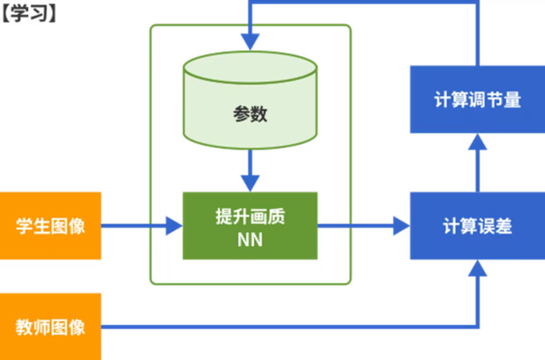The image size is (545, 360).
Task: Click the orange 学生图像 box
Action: click(x=51, y=226)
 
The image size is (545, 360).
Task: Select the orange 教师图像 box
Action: click(x=51, y=326)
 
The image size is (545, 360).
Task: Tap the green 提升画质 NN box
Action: click(x=250, y=226)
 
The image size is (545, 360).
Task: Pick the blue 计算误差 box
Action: click(x=476, y=226)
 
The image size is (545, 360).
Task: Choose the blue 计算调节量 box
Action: click(x=476, y=100)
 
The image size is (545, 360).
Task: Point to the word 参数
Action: click(x=250, y=114)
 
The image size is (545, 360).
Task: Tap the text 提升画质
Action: click(x=250, y=215)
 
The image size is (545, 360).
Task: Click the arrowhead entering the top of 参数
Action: click(x=250, y=39)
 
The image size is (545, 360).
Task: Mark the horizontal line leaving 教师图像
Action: click(x=288, y=326)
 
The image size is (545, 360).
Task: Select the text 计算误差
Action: click(x=476, y=226)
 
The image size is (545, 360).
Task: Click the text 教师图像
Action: click(x=51, y=326)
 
